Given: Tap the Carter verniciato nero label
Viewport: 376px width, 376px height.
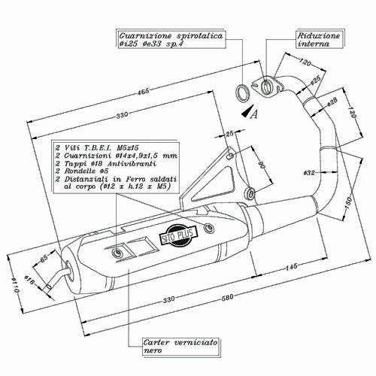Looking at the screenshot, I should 174,347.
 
